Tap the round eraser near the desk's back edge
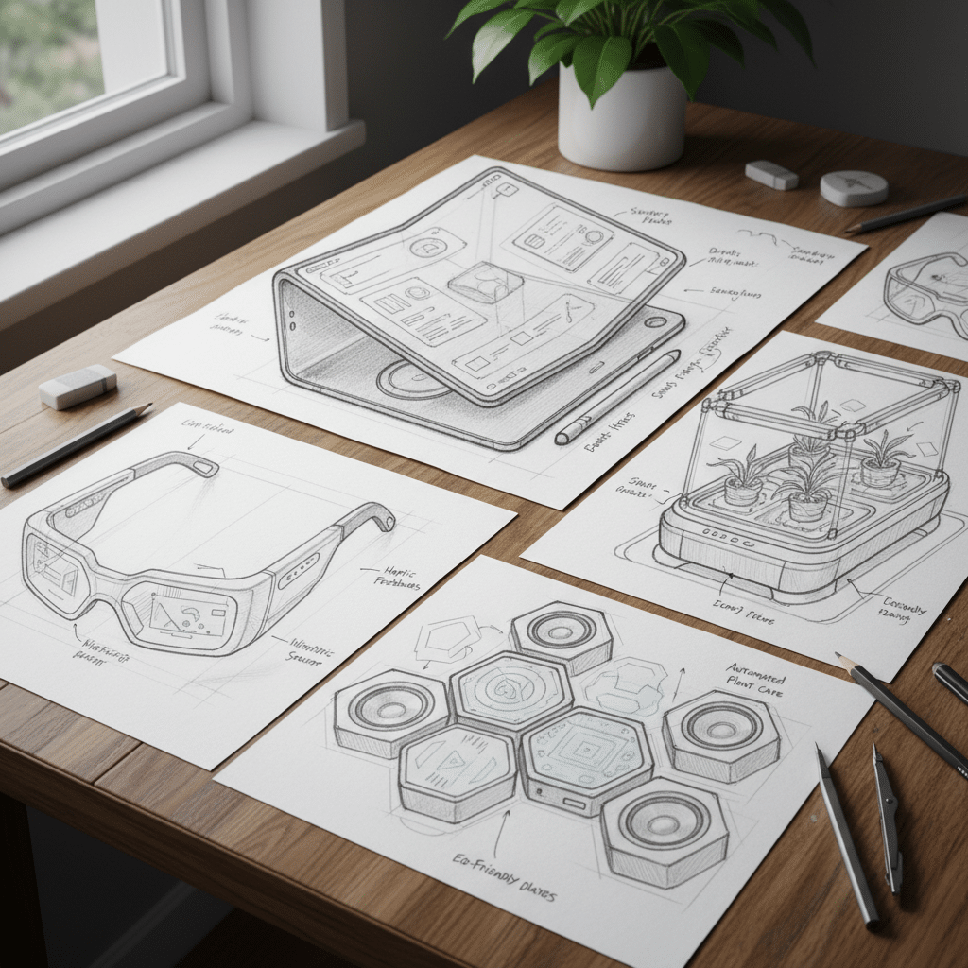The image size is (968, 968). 854,187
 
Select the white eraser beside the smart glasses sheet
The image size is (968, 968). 78,386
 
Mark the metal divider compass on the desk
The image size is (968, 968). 887,818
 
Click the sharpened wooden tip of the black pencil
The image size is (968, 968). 845,662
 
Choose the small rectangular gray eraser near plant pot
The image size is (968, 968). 771,174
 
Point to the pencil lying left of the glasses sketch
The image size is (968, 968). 76,445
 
